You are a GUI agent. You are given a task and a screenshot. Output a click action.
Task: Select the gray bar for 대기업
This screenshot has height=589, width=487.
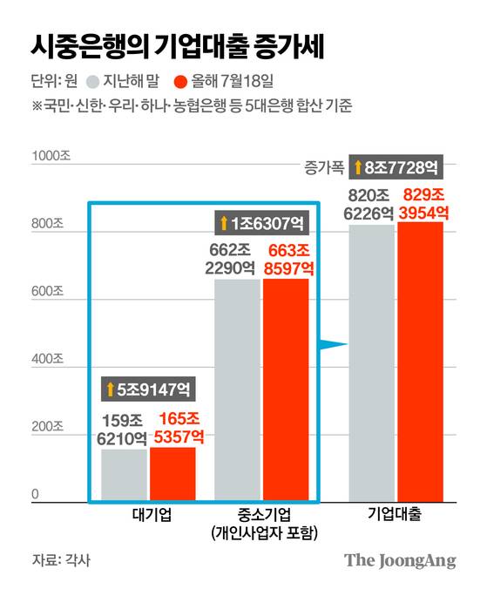(124, 475)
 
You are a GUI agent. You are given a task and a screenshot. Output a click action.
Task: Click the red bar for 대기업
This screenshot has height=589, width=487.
(172, 474)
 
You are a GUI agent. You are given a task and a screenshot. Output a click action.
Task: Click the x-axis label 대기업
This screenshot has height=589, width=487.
(148, 515)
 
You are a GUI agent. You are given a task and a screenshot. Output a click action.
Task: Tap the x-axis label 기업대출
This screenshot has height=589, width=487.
(396, 515)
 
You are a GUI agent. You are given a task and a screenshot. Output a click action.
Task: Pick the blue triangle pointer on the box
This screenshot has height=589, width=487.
(335, 346)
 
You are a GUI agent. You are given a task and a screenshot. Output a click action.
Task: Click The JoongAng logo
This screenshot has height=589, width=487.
(400, 560)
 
